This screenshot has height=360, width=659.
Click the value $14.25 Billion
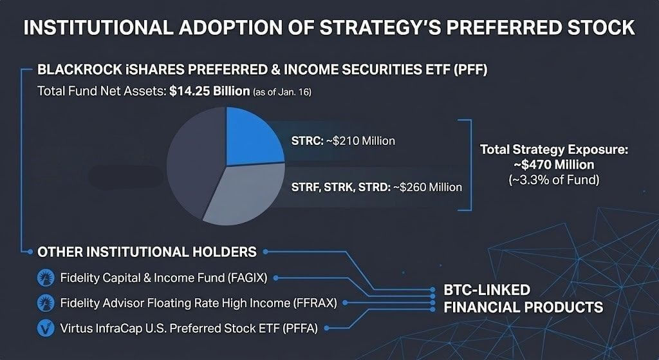pyautogui.click(x=210, y=91)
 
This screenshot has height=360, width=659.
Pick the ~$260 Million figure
pyautogui.click(x=427, y=187)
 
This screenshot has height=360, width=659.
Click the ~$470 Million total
pyautogui.click(x=554, y=164)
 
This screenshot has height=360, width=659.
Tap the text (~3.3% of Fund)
pyautogui.click(x=554, y=180)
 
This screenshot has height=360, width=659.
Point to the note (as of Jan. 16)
pyautogui.click(x=282, y=92)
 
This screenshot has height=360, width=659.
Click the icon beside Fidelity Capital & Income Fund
pyautogui.click(x=46, y=278)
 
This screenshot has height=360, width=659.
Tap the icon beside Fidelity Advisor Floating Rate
pyautogui.click(x=46, y=303)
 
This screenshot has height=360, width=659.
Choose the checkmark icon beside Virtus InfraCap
pyautogui.click(x=46, y=328)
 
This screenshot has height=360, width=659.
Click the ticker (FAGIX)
pyautogui.click(x=248, y=278)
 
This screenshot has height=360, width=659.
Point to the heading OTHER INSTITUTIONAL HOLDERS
pyautogui.click(x=147, y=252)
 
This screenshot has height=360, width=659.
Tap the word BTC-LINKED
pyautogui.click(x=487, y=290)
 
